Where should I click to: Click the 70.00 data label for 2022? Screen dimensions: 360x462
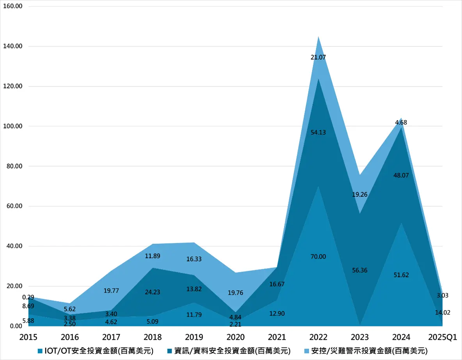pyautogui.click(x=318, y=257)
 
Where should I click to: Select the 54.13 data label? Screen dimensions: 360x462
pyautogui.click(x=318, y=133)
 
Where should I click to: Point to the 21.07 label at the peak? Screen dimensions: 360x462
pyautogui.click(x=318, y=57)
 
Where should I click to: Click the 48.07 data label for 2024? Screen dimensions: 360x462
pyautogui.click(x=401, y=176)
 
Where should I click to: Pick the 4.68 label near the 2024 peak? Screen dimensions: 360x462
pyautogui.click(x=401, y=122)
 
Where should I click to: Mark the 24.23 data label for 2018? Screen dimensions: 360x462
pyautogui.click(x=152, y=292)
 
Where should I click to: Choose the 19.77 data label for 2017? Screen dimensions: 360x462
pyautogui.click(x=111, y=291)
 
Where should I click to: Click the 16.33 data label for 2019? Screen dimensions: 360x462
pyautogui.click(x=194, y=259)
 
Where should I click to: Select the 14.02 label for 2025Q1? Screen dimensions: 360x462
pyautogui.click(x=442, y=312)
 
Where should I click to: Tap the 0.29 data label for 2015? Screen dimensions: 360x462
pyautogui.click(x=28, y=297)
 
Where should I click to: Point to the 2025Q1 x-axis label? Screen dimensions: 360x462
pyautogui.click(x=442, y=337)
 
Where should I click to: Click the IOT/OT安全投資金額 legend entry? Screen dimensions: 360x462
pyautogui.click(x=96, y=351)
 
